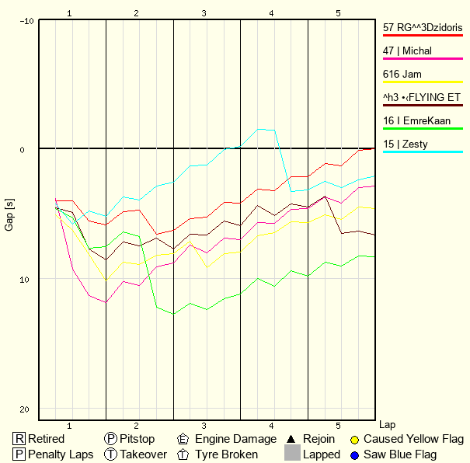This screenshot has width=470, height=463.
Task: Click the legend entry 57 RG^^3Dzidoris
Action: click(423, 28)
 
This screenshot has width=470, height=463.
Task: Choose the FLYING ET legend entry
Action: click(423, 98)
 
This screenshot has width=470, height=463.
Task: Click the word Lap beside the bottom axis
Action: click(387, 426)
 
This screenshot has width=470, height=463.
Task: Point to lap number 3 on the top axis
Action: click(204, 13)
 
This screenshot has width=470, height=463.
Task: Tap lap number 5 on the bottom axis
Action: click(339, 426)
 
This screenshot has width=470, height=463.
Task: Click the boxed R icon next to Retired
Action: click(19, 439)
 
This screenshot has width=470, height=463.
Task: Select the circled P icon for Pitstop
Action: click(111, 439)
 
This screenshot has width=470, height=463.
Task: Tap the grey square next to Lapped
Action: click(292, 453)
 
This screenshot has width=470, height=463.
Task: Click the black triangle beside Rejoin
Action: click(292, 439)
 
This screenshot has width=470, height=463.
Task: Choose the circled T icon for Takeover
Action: click(111, 454)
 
